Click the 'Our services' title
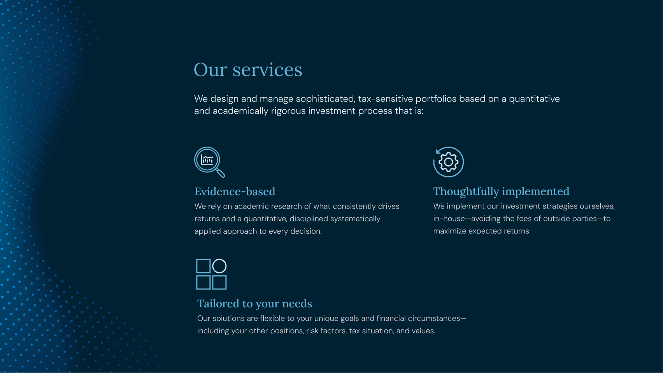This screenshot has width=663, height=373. point(248,70)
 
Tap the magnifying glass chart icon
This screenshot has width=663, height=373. point(210,162)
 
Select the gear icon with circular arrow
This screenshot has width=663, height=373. point(448,162)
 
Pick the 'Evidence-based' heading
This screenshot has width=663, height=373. point(235,191)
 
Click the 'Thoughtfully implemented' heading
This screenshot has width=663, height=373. point(501,191)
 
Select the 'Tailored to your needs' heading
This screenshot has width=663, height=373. point(254,303)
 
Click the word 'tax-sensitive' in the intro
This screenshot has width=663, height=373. point(385,99)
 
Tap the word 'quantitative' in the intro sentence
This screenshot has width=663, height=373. point(534,99)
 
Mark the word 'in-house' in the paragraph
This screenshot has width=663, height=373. point(449,219)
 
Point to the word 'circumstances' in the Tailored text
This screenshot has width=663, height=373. point(434,318)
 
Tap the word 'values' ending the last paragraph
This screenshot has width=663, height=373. point(424,331)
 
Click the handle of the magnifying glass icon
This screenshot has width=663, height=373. point(221,173)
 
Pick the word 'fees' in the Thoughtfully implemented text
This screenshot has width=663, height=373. point(524,219)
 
